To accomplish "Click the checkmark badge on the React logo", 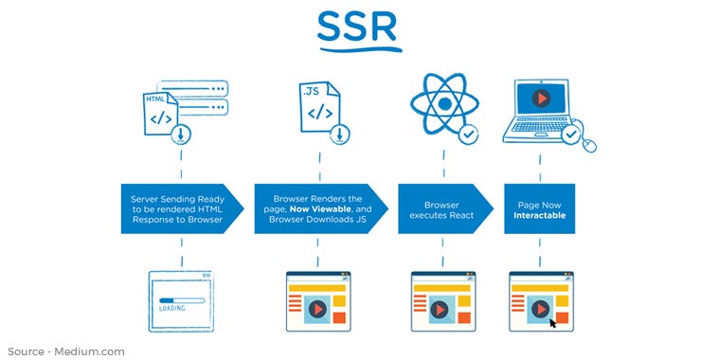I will [x=467, y=135].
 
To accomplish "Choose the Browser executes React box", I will [x=440, y=206].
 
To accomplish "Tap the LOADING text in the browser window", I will [x=172, y=308].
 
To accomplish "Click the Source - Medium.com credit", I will [x=63, y=351].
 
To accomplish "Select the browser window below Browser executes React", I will [x=442, y=301].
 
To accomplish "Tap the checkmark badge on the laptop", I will [x=570, y=135].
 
